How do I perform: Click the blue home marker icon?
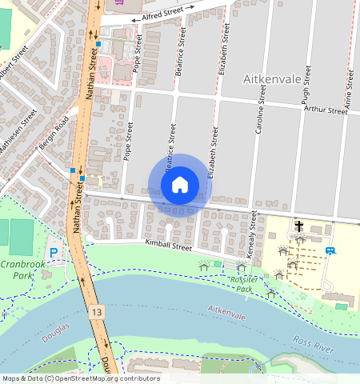click(x=180, y=185)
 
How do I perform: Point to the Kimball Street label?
click(x=168, y=246)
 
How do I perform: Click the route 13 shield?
click(x=97, y=310)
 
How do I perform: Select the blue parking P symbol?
click(x=54, y=253)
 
